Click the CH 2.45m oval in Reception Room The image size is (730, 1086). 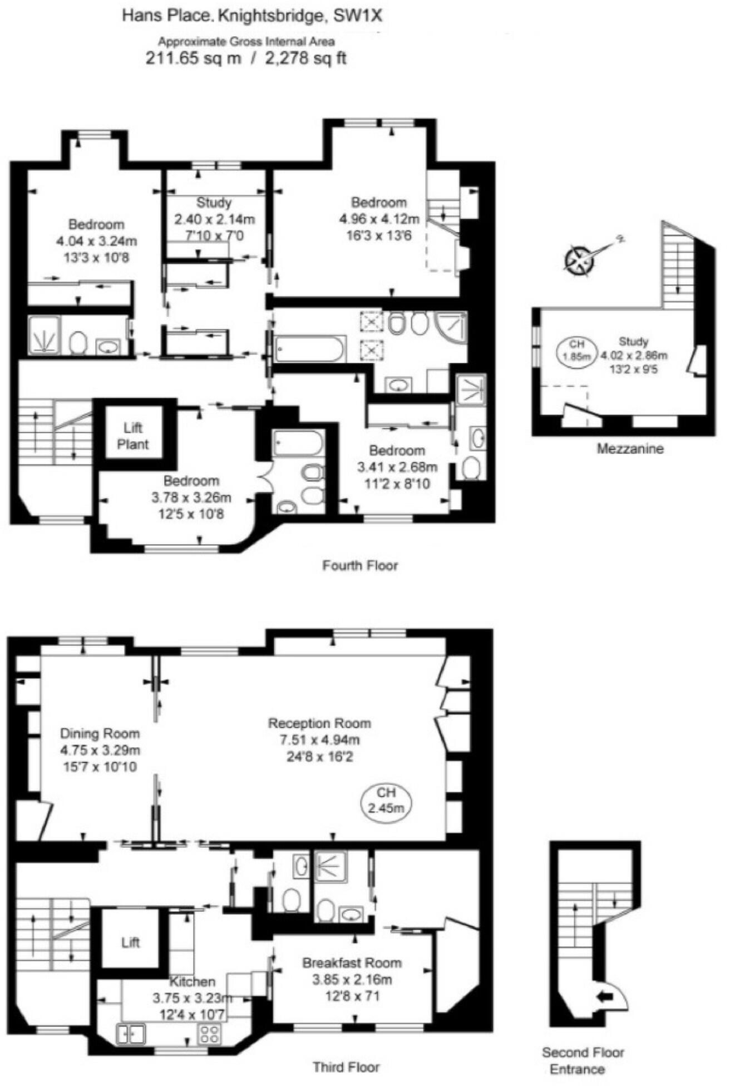click(x=386, y=801)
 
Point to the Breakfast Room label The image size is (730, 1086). click(x=352, y=962)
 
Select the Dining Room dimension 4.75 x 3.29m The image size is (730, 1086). click(x=100, y=751)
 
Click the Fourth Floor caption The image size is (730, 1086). click(x=360, y=566)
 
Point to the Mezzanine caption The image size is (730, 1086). click(x=630, y=449)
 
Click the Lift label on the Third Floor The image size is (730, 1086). click(x=131, y=942)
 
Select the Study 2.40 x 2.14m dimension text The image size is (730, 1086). click(x=214, y=219)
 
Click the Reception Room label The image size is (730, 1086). click(x=319, y=723)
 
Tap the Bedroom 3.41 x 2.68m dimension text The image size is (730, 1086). click(x=397, y=467)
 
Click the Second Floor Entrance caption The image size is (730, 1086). click(x=583, y=1060)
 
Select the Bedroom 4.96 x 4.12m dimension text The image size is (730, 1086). click(x=379, y=219)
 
